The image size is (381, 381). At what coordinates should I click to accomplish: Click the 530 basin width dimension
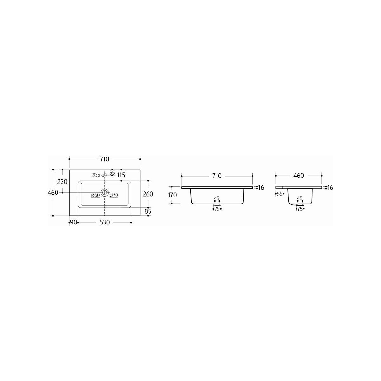point(104,223)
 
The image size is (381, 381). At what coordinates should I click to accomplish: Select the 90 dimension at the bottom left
point(73,223)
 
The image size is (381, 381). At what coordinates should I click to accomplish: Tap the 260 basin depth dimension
point(148,194)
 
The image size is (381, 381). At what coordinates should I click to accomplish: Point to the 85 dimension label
point(148,211)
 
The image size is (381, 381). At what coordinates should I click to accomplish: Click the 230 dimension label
point(62,182)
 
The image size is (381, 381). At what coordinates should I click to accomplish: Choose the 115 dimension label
point(121,175)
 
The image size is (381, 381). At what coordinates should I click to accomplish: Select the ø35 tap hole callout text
point(96,175)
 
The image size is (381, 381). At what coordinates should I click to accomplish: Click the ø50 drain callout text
point(96,195)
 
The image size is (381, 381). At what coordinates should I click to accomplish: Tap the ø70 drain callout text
point(114,195)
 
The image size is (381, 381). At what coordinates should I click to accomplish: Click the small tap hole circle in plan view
point(104,175)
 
